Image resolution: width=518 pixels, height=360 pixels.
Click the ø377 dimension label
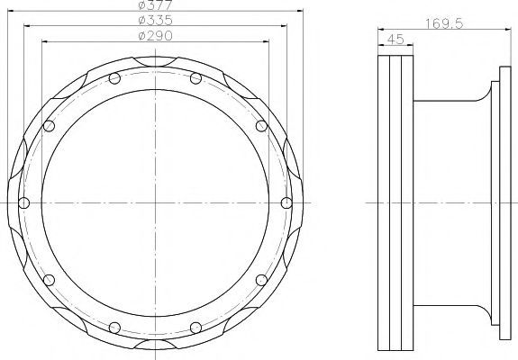pos(155,4)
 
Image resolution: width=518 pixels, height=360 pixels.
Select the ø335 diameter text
pos(155,20)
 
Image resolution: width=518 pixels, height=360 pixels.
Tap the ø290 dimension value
pos(155,36)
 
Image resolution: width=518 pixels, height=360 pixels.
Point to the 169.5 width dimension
pos(444,23)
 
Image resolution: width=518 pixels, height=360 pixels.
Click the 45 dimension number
pos(395,40)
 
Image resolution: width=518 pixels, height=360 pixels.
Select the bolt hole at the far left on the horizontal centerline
pos(23,202)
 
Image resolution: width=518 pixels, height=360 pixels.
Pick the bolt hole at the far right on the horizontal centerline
pos(286,202)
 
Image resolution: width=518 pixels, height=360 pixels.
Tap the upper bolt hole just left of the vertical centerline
pos(114,78)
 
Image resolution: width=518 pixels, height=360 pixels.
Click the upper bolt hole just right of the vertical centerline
pos(195,78)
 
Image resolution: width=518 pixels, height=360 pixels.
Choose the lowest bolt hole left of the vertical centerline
pos(114,328)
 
